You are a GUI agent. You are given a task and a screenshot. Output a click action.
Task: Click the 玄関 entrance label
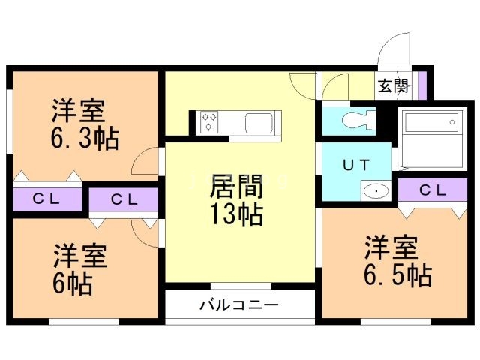click(392, 85)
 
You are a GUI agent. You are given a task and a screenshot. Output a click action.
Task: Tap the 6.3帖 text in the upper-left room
click(84, 138)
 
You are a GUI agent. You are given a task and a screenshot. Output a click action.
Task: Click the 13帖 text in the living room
click(236, 215)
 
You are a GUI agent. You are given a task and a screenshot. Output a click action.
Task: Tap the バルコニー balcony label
click(238, 306)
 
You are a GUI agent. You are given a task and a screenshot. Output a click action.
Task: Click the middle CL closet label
click(123, 199)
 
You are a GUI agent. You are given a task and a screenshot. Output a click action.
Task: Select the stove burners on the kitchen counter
click(208, 122)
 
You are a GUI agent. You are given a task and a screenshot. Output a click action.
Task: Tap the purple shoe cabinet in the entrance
click(421, 85)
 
